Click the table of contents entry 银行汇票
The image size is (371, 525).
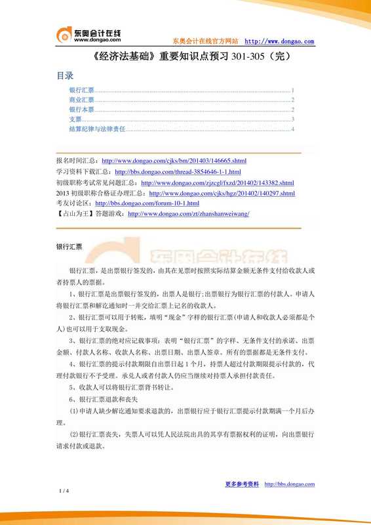coord(81,89)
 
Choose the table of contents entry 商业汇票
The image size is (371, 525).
coord(81,99)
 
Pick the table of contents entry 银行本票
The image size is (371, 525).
coord(81,110)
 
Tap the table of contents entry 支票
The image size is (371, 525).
coord(75,119)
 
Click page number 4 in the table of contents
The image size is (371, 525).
coord(292,130)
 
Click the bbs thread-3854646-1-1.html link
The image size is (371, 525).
coord(173,171)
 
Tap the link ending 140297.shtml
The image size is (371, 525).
coord(222,194)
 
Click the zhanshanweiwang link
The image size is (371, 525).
coord(188,214)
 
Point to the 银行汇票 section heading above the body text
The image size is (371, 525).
coord(69,247)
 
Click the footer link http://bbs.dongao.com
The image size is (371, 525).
coord(289,484)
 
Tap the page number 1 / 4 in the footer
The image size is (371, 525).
coord(64,491)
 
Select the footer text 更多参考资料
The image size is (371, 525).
coord(242,484)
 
